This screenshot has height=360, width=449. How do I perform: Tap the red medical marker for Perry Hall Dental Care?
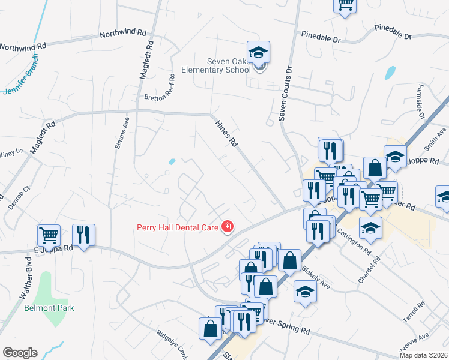(x=228, y=226)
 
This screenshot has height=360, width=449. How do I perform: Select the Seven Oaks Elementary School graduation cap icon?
(x=258, y=52)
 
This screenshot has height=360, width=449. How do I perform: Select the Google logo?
(x=20, y=352)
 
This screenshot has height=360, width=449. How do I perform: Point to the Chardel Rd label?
(x=377, y=271)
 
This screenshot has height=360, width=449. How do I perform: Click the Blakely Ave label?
(x=315, y=276)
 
